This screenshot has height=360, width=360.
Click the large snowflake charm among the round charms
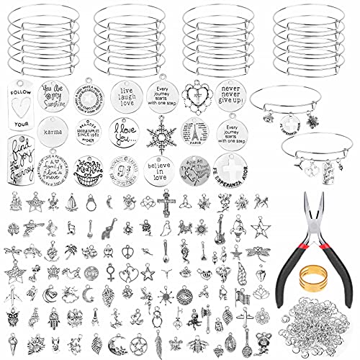coord(161,134)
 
